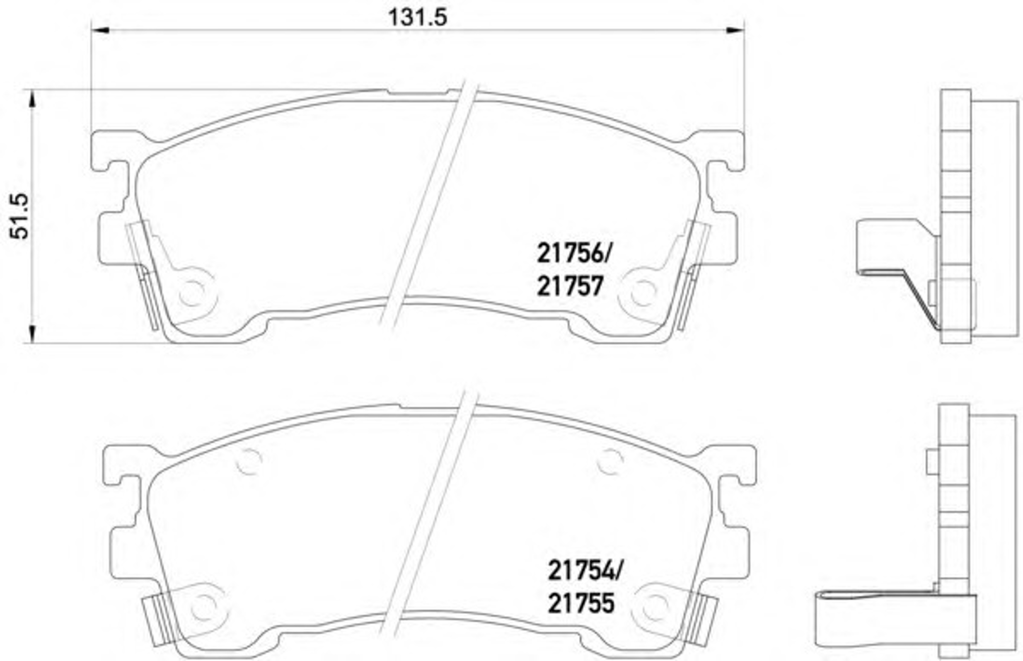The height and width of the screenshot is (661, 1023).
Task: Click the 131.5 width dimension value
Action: coord(417,18)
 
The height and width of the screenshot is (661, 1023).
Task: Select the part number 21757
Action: coord(570,286)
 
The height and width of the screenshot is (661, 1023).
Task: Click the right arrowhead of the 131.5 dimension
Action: coord(735,30)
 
